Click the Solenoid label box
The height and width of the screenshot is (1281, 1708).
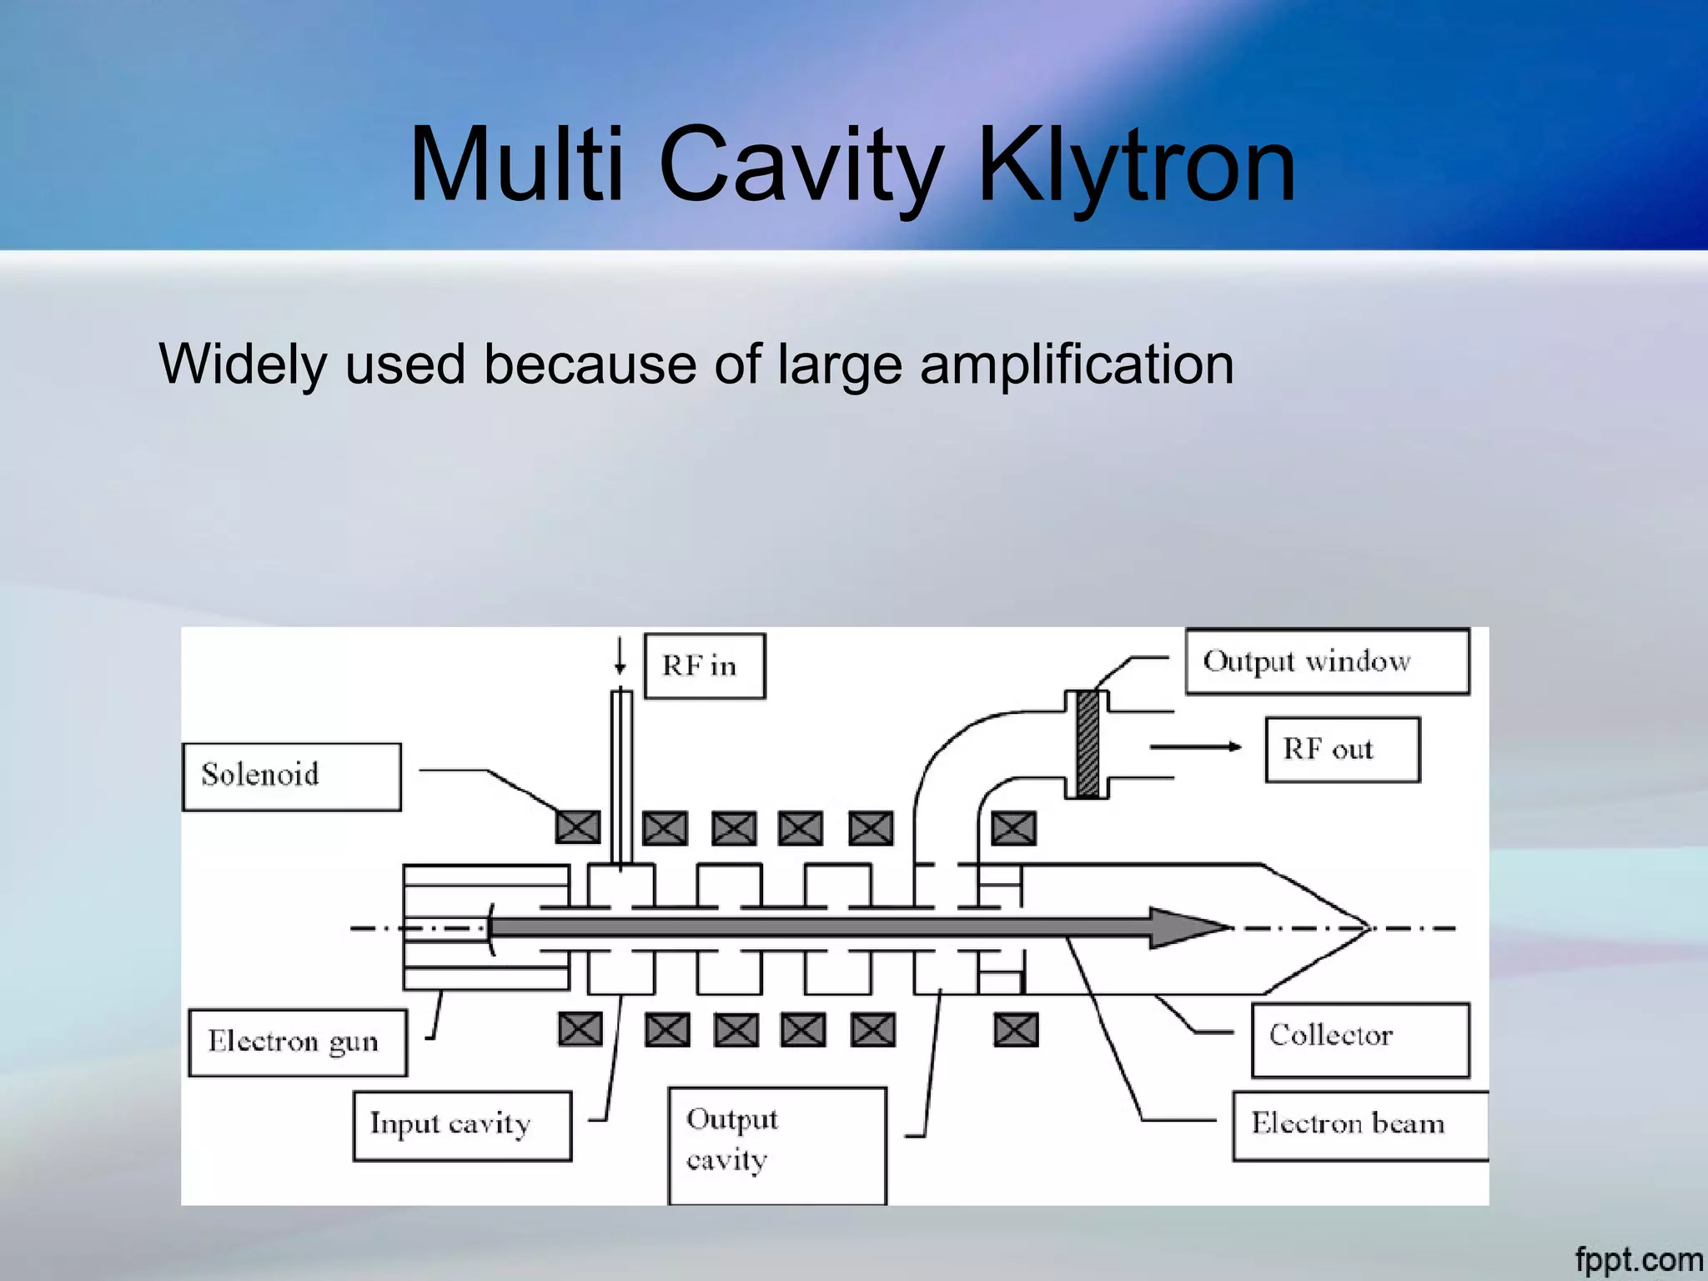pyautogui.click(x=291, y=776)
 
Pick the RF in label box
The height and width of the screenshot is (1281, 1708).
pyautogui.click(x=704, y=666)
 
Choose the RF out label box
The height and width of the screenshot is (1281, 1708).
pyautogui.click(x=1342, y=749)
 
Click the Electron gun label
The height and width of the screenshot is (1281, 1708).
pyautogui.click(x=297, y=1042)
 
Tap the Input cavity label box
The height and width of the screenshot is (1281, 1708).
pyautogui.click(x=462, y=1125)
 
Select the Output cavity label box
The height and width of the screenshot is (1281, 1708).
pyautogui.click(x=776, y=1143)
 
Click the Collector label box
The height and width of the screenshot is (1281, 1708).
pyautogui.click(x=1359, y=1039)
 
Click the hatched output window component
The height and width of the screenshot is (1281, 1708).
pyautogui.click(x=1087, y=744)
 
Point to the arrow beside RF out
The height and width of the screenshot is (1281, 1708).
pyautogui.click(x=1196, y=746)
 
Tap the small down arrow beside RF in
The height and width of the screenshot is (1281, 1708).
pyautogui.click(x=620, y=658)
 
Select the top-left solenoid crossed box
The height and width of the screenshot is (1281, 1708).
pyautogui.click(x=577, y=827)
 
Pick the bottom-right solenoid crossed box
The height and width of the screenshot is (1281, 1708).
pyautogui.click(x=1016, y=1030)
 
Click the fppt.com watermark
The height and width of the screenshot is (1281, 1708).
pyautogui.click(x=1638, y=1259)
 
